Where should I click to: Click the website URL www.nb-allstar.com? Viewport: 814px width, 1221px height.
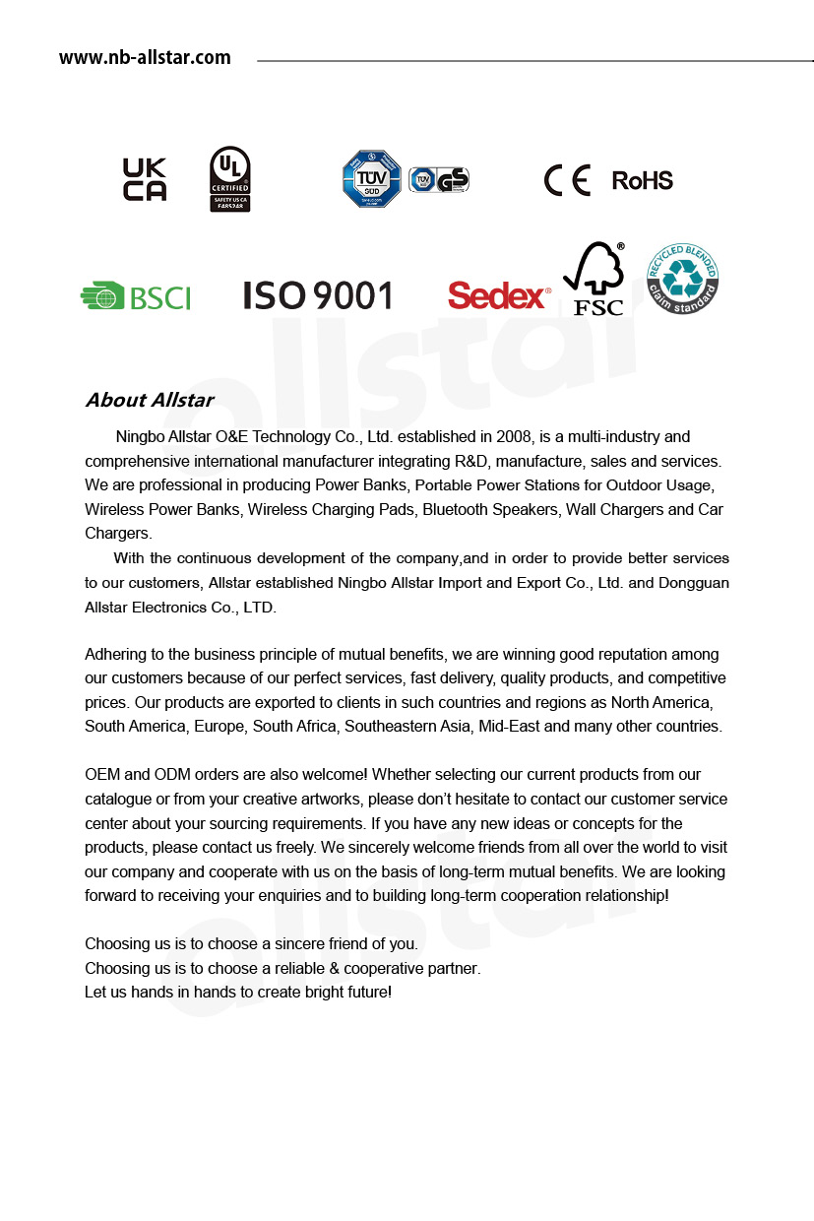(x=145, y=58)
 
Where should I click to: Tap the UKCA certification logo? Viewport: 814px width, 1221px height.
(x=144, y=179)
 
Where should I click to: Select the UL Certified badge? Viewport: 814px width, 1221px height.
(x=230, y=179)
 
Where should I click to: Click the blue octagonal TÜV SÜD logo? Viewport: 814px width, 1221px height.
(x=371, y=179)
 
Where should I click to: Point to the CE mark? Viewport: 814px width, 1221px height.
(x=567, y=180)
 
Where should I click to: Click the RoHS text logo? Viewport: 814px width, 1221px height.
(x=642, y=180)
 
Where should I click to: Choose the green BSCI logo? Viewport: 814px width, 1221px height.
(x=136, y=296)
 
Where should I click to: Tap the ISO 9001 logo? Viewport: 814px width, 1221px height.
(x=317, y=295)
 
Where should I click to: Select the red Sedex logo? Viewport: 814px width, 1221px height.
(x=498, y=295)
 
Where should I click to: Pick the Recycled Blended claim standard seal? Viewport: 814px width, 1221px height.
(x=682, y=280)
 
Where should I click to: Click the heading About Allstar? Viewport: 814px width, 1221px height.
(x=149, y=400)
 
